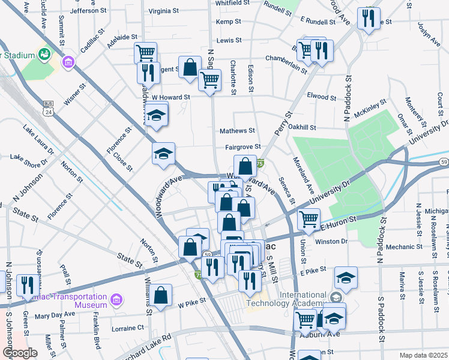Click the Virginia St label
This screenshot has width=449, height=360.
163,11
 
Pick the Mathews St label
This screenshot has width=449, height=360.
237,130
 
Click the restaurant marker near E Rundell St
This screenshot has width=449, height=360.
369,18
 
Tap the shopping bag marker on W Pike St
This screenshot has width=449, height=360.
161,296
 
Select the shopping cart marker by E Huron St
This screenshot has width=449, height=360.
309,220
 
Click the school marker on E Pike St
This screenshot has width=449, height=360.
346,277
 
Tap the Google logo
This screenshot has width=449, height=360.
19,353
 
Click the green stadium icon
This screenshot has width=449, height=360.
44,54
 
